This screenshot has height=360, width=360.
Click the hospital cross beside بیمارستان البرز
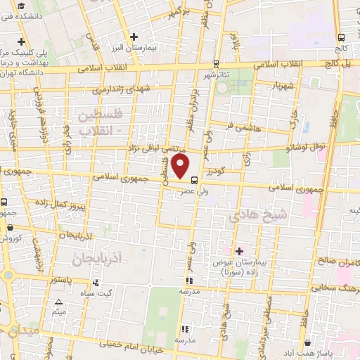(134, 37)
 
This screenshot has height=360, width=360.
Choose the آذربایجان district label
(97, 259)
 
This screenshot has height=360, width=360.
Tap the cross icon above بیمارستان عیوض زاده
(239, 251)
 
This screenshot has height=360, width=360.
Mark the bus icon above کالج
(341, 38)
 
